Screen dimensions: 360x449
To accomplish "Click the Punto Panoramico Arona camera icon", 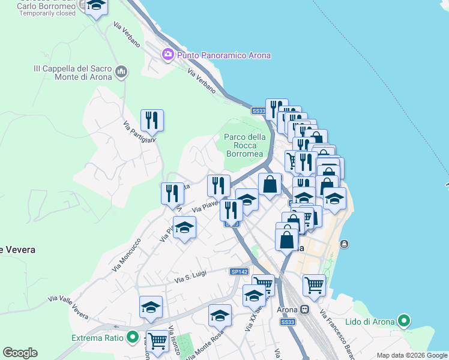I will (167, 55).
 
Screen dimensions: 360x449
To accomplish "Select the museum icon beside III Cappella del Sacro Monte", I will (122, 73).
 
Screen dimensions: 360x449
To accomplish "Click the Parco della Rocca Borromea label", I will (244, 145).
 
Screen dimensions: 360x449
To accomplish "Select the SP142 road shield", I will (239, 272).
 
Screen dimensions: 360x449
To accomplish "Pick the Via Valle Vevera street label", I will (68, 307).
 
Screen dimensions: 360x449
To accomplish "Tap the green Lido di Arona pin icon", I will (405, 322).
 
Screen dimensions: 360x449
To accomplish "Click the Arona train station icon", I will (305, 310).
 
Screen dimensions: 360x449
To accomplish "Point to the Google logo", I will (20, 352).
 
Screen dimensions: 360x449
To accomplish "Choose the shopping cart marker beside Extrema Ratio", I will (157, 340).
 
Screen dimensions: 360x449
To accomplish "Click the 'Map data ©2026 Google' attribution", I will (412, 355).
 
